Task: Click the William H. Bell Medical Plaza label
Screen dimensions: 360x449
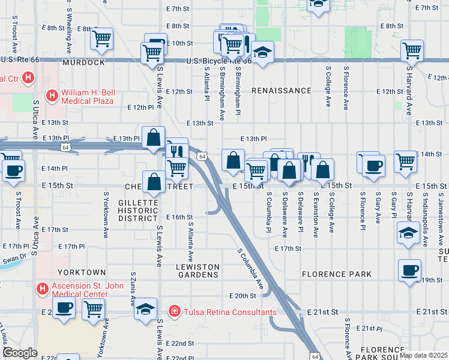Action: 90,97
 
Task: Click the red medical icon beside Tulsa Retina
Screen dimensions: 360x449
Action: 174,311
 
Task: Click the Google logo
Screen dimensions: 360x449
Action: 19,353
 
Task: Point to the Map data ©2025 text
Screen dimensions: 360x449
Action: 424,355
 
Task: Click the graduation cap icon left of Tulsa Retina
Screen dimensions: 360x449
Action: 145,309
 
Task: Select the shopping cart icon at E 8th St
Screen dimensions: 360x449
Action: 101,39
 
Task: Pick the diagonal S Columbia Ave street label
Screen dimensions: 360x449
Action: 252,268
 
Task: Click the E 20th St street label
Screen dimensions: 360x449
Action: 243,296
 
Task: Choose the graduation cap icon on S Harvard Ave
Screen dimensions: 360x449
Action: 408,233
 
